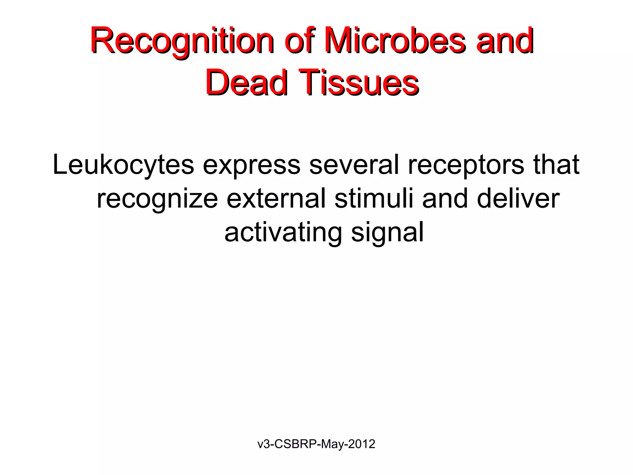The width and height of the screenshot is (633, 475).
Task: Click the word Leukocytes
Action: point(123,165)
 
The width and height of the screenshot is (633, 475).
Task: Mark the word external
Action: point(276,199)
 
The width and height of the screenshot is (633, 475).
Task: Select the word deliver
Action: point(518,199)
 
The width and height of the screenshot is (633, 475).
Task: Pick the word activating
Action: point(283,233)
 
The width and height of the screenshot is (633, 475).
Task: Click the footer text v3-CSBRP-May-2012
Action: point(316,444)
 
